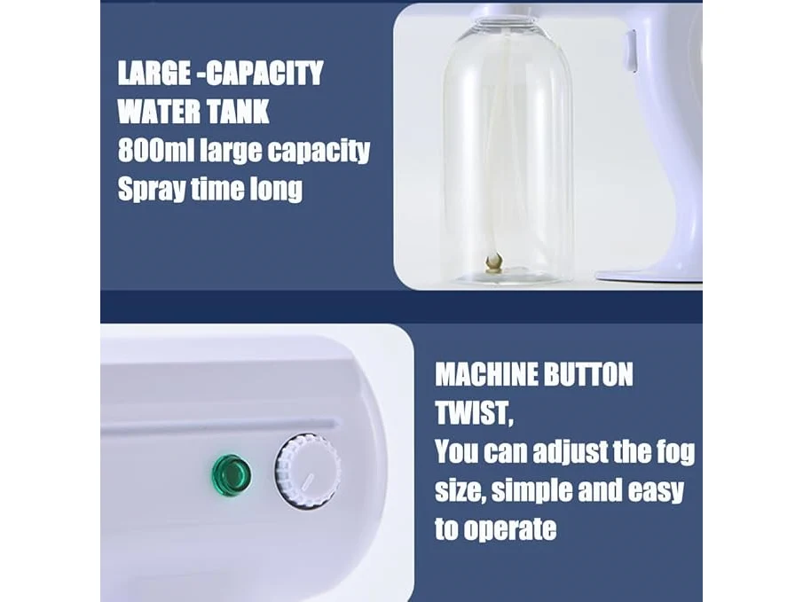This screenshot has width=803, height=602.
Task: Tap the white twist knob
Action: click(308, 471)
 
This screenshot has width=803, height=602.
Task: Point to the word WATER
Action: click(158, 111)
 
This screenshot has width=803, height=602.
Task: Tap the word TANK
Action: click(238, 111)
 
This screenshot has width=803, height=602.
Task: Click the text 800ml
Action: click(155, 150)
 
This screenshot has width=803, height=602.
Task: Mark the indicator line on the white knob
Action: click(308, 481)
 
